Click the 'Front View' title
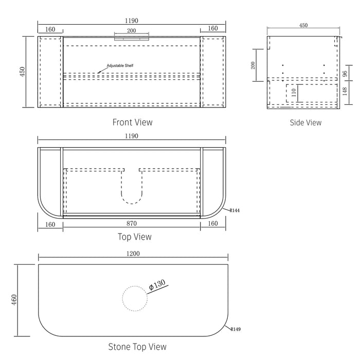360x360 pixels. (132, 122)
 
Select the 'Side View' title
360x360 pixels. (305, 122)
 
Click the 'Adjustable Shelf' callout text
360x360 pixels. (120, 66)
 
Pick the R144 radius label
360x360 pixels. (236, 210)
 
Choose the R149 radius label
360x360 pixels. (236, 329)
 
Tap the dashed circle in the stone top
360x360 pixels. (134, 299)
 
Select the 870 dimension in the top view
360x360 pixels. (132, 224)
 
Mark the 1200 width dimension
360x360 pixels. (133, 254)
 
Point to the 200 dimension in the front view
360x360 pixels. (132, 31)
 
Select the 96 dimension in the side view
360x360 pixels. (345, 73)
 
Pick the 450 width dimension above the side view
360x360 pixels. (303, 25)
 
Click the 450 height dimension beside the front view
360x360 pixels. (22, 72)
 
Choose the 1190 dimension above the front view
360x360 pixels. (132, 21)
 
